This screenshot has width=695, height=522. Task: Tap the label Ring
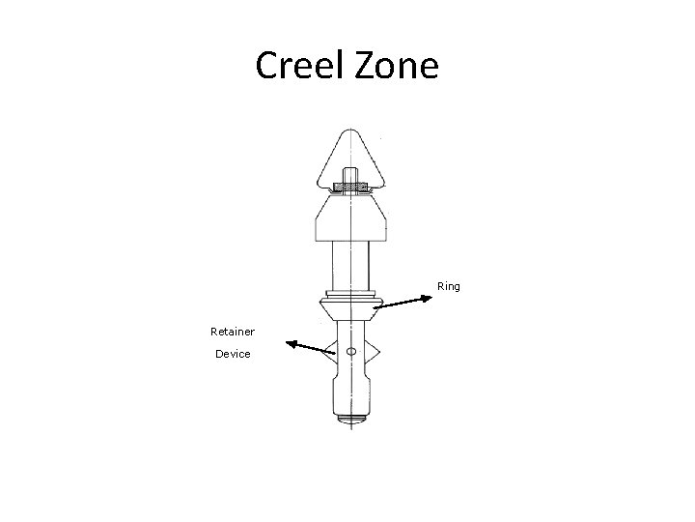pos(449,286)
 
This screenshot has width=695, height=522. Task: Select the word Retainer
pos(233,332)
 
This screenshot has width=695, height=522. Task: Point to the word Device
pos(233,354)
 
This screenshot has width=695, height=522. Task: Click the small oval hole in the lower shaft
pos(351,350)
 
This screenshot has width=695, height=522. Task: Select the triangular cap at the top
pos(350,155)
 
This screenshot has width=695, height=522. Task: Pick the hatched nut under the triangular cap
pos(350,187)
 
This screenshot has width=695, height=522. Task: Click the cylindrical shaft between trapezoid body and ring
pos(350,265)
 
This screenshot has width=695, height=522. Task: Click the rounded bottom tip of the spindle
pos(350,419)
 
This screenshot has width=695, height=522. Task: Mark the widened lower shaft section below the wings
pos(350,391)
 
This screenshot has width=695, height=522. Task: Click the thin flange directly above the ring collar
pos(350,294)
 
